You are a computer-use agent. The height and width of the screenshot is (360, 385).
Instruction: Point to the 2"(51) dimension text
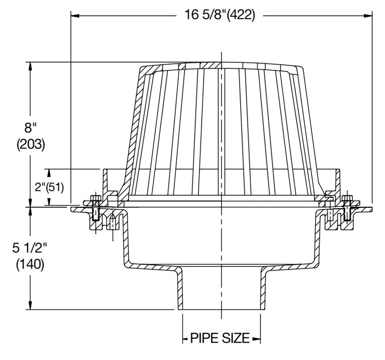(x=49, y=187)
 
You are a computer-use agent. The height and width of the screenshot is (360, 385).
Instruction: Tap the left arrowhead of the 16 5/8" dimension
(x=74, y=15)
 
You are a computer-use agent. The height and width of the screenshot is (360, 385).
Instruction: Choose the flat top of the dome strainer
(x=222, y=65)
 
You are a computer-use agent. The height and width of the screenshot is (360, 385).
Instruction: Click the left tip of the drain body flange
(x=72, y=209)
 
